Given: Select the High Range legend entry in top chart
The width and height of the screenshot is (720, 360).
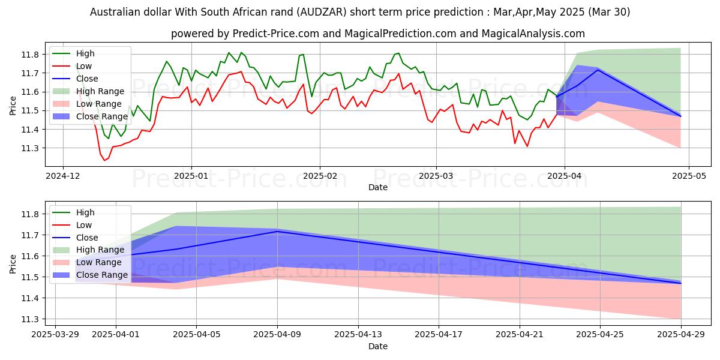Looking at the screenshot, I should click(100, 91).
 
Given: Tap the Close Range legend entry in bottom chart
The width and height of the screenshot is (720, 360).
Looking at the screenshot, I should click(101, 275).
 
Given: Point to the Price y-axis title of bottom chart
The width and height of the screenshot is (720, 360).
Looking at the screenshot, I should click(13, 264).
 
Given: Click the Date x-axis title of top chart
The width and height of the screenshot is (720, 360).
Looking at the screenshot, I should click(378, 188).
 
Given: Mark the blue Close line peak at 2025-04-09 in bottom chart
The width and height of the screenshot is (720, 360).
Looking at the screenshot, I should click(277, 231).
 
